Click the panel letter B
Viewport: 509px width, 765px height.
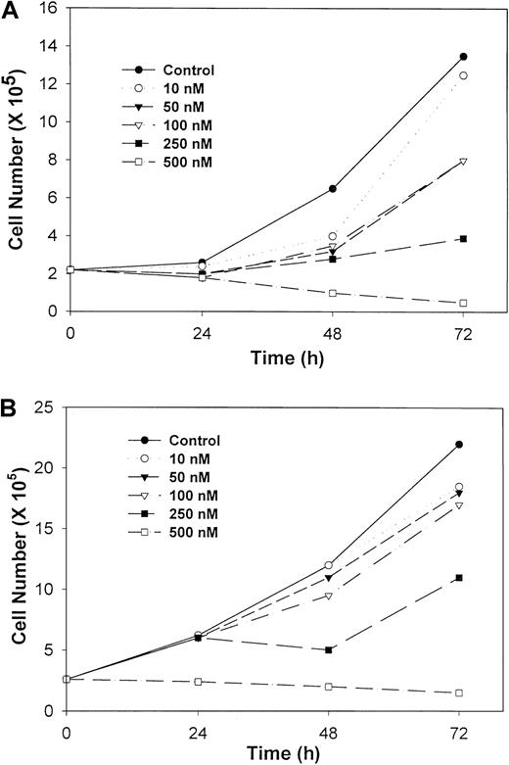coord(11,401)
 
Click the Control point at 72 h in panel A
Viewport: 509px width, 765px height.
coord(463,57)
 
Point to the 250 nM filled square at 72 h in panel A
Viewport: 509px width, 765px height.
coord(463,239)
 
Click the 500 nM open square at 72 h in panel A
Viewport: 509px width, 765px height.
coord(463,303)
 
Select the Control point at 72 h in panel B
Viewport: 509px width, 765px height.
coord(459,445)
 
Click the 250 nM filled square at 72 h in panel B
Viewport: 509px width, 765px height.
coord(459,578)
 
